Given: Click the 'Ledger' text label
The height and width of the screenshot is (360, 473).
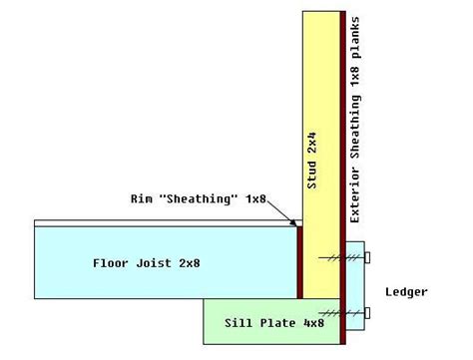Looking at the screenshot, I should click(406, 292).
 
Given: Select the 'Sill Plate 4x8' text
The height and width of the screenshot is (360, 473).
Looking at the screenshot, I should click(258, 324).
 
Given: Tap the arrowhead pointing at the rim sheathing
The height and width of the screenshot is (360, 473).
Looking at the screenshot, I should click(295, 224).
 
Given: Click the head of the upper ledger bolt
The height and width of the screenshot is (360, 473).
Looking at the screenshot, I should click(369, 257).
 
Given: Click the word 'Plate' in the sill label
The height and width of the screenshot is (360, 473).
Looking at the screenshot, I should click(259, 324).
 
